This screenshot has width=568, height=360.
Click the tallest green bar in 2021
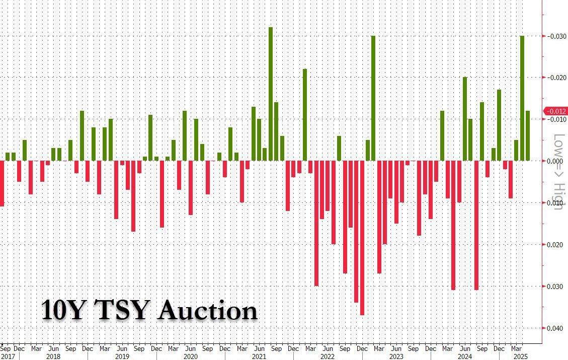pos(271,94)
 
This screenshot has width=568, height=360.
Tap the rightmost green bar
pos(528,136)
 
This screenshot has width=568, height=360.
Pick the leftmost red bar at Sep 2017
pos(2,183)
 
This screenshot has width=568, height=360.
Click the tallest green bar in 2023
pos(373,98)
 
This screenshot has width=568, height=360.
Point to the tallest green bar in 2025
pos(522,98)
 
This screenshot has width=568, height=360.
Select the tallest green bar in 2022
pos(305,115)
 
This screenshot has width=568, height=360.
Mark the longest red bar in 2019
pos(133,196)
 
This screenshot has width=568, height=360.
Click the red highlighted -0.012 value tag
pos(556,111)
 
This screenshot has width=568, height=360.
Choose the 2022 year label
pos(327,356)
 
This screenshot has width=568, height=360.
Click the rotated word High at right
pos(558,196)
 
